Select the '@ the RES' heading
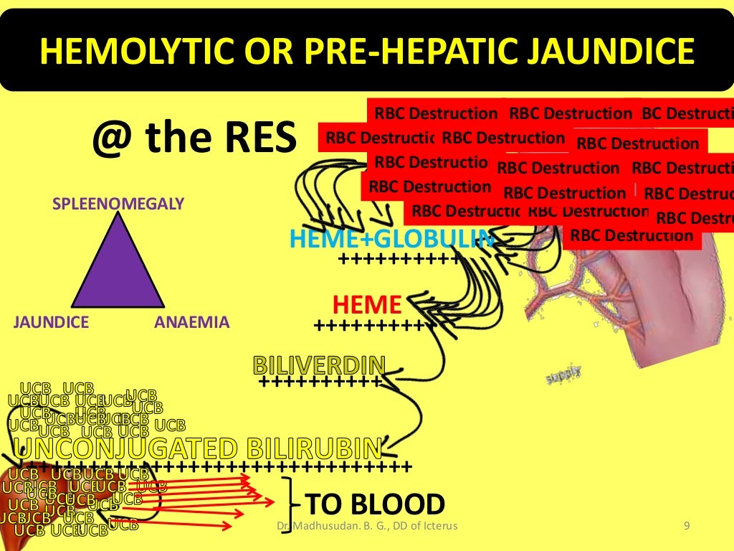pos(194,138)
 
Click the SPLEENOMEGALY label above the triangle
pos(119,204)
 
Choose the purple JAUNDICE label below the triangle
pos(51,322)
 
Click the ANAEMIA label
pos(192,322)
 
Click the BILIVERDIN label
pos(319,365)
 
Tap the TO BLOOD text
pos(375,504)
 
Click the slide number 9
pos(686,527)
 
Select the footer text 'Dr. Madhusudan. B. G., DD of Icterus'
pos(367,527)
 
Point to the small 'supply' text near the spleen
pos(563,374)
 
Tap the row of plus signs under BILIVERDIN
pos(319,382)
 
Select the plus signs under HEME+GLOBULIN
pos(398,258)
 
